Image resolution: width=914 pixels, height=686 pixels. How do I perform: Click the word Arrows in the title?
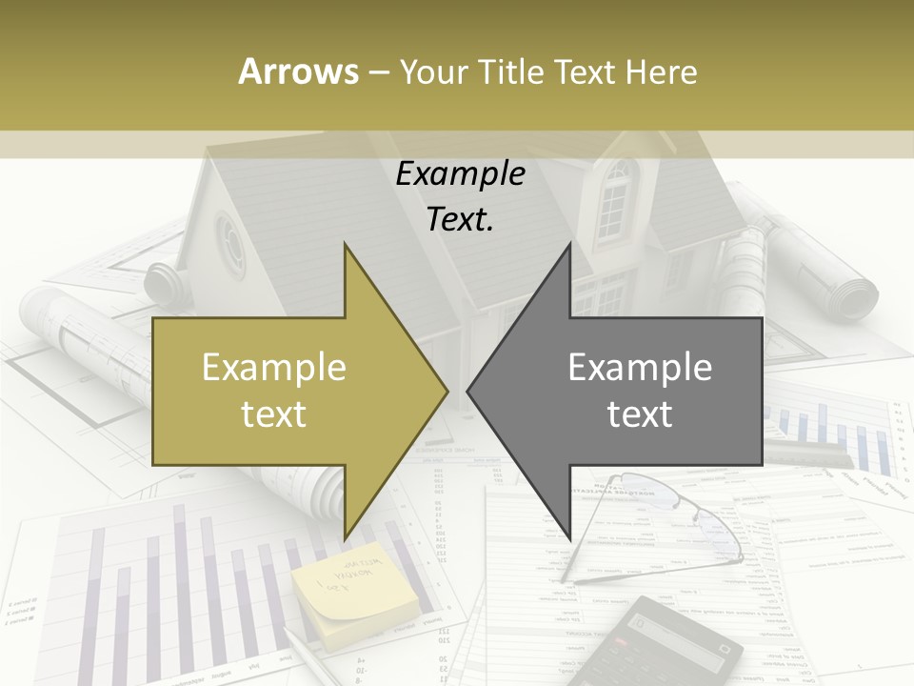click(299, 71)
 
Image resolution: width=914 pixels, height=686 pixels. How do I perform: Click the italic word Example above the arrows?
click(460, 174)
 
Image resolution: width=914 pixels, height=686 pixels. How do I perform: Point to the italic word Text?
click(460, 220)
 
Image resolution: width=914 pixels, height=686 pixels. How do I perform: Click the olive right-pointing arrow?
click(286, 391)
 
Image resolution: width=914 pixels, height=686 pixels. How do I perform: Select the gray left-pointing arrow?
click(628, 391)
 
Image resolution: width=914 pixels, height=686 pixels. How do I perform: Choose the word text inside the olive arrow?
click(273, 414)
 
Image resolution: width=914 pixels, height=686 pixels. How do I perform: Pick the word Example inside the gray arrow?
click(640, 368)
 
